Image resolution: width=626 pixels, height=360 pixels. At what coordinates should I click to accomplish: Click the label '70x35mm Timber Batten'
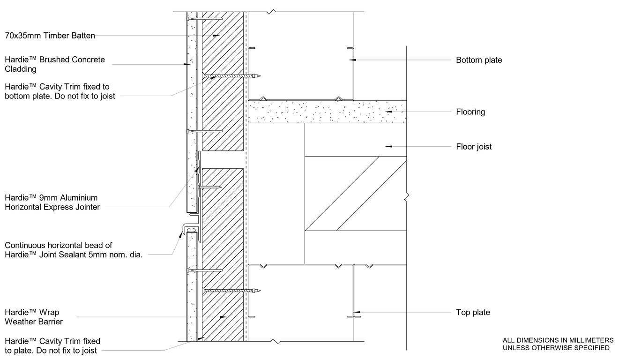pos(50,35)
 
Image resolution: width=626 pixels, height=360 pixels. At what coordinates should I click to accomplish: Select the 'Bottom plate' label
pos(479,60)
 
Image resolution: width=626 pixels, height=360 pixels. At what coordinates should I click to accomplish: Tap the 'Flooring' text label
pos(470,112)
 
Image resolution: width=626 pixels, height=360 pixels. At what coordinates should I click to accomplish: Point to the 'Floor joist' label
pos(474,147)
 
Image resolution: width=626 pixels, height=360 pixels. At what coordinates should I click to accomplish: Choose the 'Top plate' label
pos(473,312)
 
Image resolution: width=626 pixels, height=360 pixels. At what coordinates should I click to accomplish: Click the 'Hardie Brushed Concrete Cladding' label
pos(54,64)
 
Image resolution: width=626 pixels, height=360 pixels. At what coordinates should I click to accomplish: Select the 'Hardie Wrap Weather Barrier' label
pos(33,317)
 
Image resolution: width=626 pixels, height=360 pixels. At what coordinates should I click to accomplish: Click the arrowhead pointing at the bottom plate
pos(353,60)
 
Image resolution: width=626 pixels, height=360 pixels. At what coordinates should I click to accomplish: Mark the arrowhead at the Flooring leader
pos(388,112)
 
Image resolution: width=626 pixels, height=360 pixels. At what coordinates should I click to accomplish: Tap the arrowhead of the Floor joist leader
pos(388,147)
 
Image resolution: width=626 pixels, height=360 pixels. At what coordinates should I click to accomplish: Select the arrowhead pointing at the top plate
pos(357,312)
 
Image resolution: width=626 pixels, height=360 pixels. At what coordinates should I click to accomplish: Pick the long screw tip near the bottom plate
pos(258,76)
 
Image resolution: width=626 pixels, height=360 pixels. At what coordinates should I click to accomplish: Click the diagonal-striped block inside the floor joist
pos(355,194)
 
